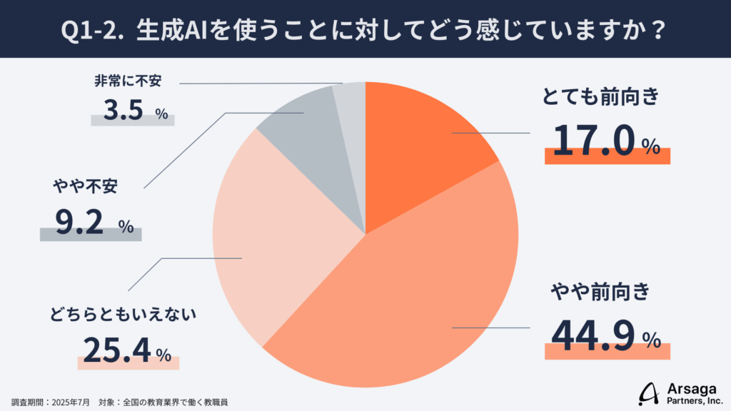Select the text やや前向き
click(600, 291)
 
